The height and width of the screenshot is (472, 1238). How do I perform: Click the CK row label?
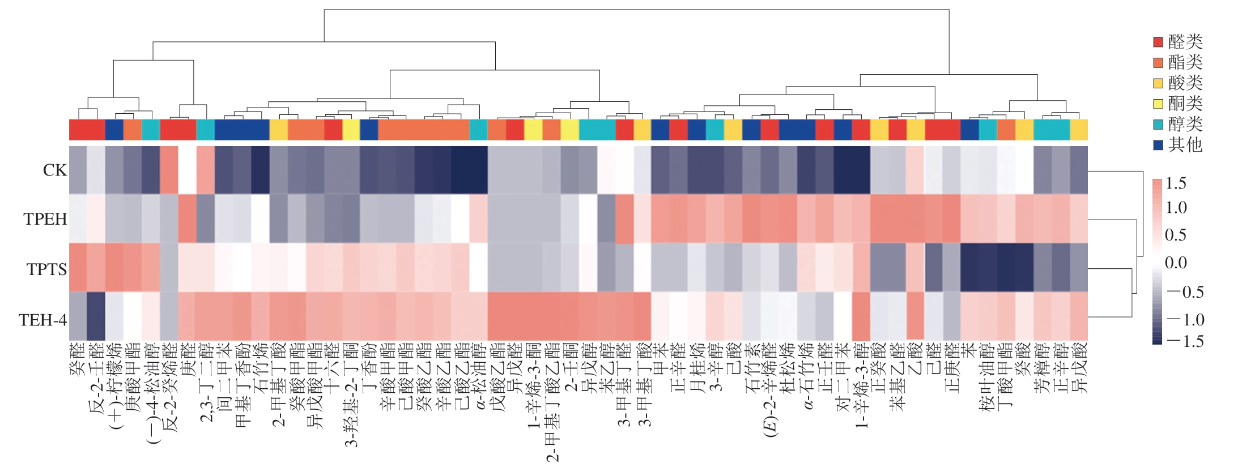[54, 170]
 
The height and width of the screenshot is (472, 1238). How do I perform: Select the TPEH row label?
[45, 219]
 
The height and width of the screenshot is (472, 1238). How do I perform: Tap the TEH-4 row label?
[42, 320]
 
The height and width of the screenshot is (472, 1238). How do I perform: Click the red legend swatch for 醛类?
[1158, 42]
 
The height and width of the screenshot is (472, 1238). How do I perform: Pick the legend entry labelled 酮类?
[1185, 104]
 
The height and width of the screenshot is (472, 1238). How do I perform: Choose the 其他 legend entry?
[1185, 145]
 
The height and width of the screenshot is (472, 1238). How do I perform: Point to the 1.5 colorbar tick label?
[1176, 183]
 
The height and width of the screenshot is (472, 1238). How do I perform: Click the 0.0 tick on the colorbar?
[1176, 263]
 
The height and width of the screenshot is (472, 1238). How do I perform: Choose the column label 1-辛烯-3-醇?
[861, 385]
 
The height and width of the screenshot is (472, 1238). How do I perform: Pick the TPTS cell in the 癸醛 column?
[78, 268]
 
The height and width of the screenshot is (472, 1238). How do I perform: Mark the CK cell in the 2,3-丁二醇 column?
[206, 170]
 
